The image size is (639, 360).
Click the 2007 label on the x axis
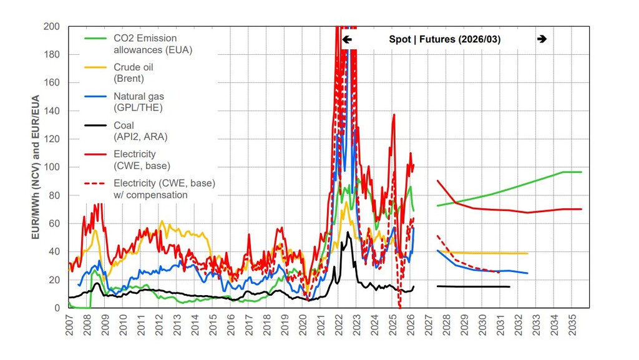pos(69,323)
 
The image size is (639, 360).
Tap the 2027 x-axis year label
pos(429,323)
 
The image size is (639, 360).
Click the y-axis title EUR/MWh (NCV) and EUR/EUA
pos(36,167)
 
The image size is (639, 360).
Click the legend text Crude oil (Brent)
pos(133,72)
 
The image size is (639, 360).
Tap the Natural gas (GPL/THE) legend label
pos(139,102)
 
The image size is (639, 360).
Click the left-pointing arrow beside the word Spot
pos(348,39)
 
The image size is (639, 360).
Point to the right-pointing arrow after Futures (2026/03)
pos(542,39)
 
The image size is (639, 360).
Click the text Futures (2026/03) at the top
pos(460,39)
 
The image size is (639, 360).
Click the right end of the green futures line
pos(582,172)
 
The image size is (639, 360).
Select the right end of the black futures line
pos(510,286)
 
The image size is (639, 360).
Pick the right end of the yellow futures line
pos(528,253)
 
